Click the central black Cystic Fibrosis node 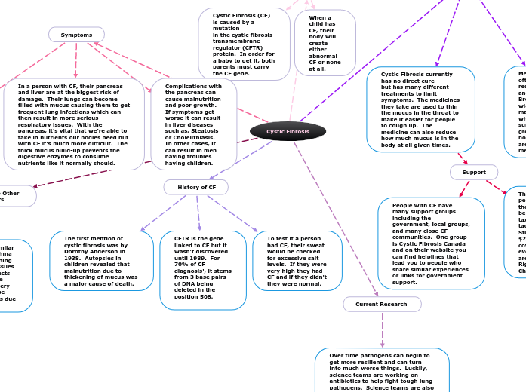pyautogui.click(x=288, y=131)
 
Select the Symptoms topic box pyautogui.click(x=76, y=35)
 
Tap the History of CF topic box pyautogui.click(x=196, y=187)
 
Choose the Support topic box pyautogui.click(x=474, y=172)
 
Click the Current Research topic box pyautogui.click(x=381, y=304)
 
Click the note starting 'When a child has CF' pyautogui.click(x=325, y=43)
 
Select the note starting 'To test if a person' pyautogui.click(x=297, y=260)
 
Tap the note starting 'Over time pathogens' pyautogui.click(x=382, y=370)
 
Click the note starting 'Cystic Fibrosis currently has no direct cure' pyautogui.click(x=420, y=109)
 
